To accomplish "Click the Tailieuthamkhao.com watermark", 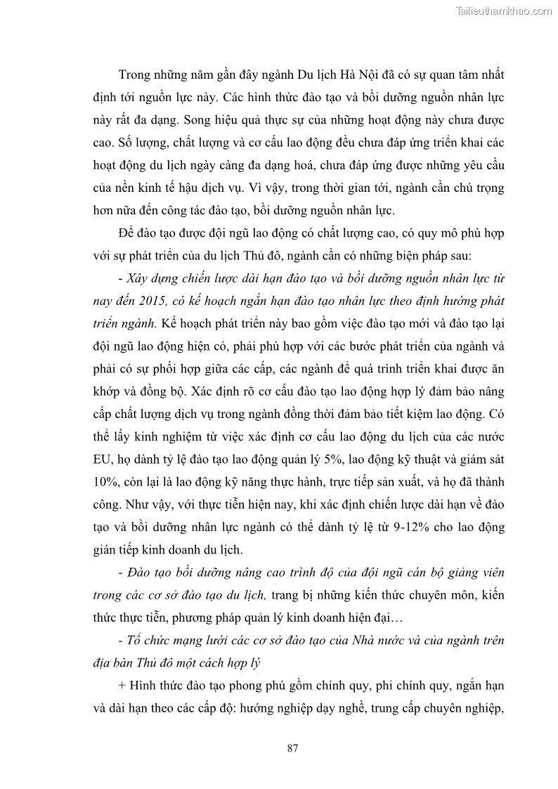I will [x=504, y=11].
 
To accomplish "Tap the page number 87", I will [x=294, y=748].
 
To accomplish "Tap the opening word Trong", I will [x=136, y=75].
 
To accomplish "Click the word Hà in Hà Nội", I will [x=310, y=75].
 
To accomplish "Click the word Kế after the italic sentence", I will [x=169, y=323].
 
